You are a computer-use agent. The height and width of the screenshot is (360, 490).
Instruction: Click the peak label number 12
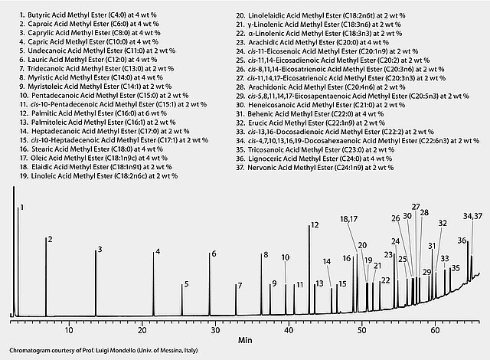[x=313, y=226]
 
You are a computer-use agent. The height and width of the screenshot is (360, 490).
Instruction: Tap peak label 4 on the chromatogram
[x=158, y=252]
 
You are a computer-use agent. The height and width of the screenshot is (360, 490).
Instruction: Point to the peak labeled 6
[x=214, y=254]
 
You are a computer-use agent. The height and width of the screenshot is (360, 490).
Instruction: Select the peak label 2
[x=49, y=240]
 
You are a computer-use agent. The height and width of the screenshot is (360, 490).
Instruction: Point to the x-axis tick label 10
[x=69, y=329]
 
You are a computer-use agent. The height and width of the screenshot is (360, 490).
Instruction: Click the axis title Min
[x=244, y=339]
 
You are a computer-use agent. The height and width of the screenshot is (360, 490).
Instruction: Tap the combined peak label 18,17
[x=349, y=220]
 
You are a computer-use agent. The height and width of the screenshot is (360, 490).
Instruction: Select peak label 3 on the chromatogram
[x=99, y=250]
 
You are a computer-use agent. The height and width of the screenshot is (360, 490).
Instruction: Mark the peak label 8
[x=266, y=255]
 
